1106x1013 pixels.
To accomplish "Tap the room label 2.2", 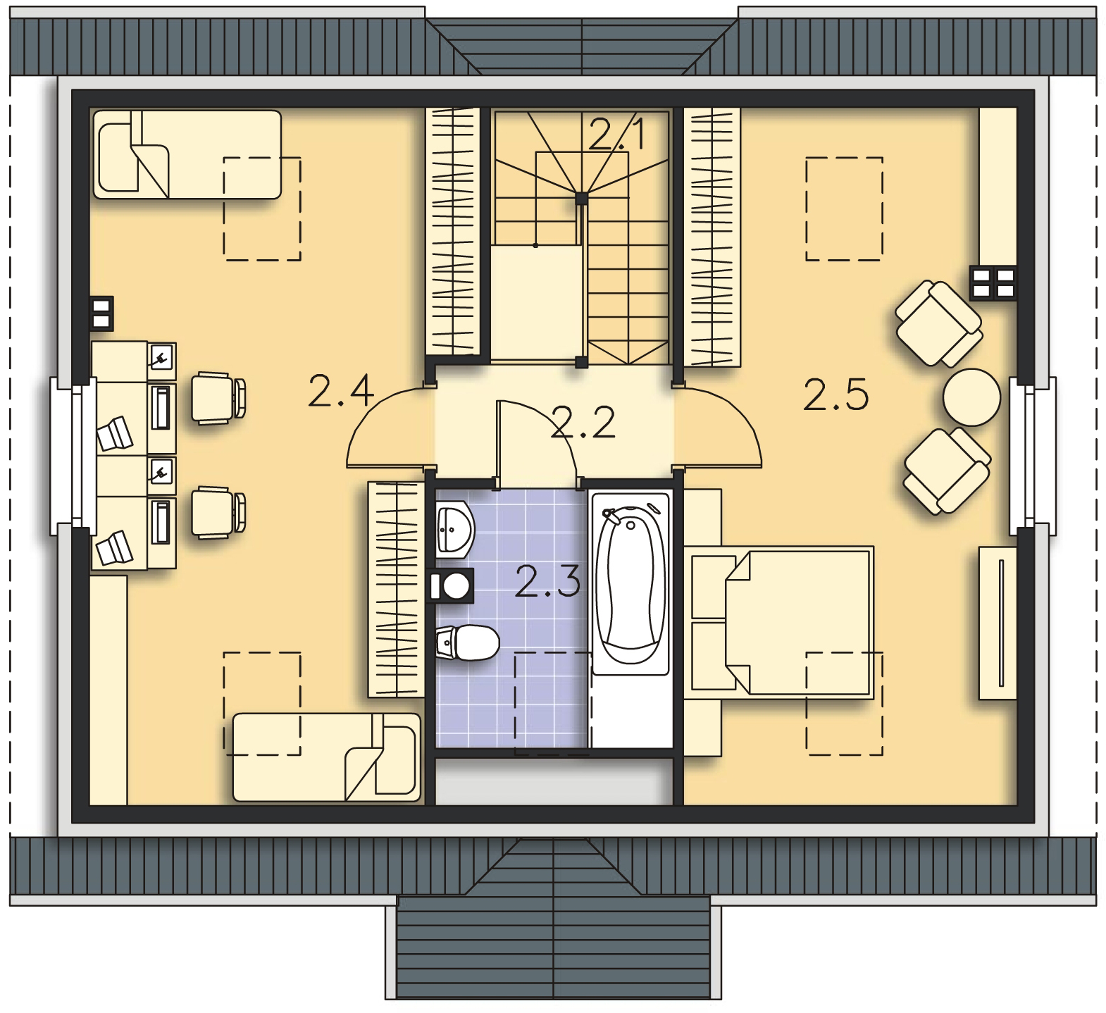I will (x=583, y=421).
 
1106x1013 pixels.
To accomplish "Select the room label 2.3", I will (x=547, y=581).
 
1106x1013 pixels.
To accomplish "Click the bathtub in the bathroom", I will (x=630, y=585).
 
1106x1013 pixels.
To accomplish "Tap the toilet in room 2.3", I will (x=468, y=642).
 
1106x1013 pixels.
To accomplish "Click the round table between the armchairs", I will (x=971, y=397).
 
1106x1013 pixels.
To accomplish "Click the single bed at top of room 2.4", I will (x=187, y=154).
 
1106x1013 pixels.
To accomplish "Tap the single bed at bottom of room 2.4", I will (x=326, y=757).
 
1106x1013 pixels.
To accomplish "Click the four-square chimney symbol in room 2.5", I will (x=993, y=282).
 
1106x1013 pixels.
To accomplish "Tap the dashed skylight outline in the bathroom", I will (x=552, y=703).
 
